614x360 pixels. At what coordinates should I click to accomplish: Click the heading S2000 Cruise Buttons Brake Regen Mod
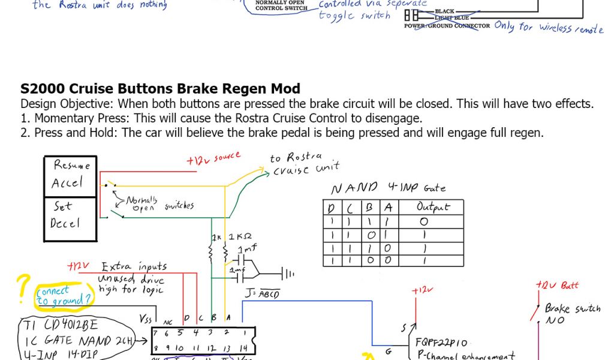160,89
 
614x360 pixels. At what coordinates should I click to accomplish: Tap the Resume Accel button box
71,175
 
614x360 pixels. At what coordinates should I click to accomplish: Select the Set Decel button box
71,214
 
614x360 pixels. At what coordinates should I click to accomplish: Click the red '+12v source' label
213,160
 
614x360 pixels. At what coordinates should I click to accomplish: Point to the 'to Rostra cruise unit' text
305,163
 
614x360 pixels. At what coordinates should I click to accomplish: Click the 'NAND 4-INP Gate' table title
389,188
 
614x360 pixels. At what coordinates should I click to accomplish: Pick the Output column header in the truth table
432,207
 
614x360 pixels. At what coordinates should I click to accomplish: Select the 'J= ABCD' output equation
263,294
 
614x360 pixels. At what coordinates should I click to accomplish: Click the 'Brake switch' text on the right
572,308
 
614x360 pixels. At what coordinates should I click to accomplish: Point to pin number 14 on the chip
244,348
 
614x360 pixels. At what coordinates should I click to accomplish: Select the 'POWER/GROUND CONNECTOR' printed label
447,26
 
